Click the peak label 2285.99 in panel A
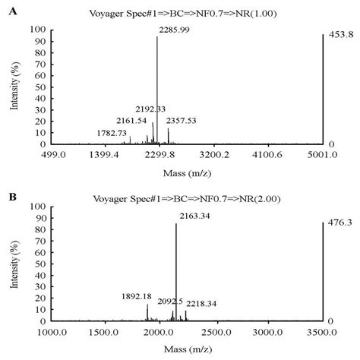click(174, 30)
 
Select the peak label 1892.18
click(137, 295)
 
